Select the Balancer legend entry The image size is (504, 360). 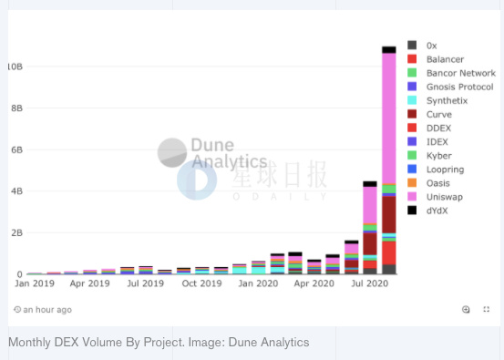(x=445, y=59)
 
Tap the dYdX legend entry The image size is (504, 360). (x=438, y=211)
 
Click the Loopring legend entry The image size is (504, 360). (x=445, y=170)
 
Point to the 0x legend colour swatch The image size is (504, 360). (x=413, y=46)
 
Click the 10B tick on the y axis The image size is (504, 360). (x=15, y=67)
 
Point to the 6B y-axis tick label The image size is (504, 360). (x=15, y=149)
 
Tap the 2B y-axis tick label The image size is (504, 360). (x=15, y=232)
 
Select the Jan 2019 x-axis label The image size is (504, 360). (x=34, y=283)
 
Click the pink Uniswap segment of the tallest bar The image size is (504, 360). (x=389, y=118)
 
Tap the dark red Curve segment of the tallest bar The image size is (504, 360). (x=389, y=215)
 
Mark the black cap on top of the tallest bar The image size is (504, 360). (x=389, y=49)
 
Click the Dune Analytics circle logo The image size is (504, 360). (x=172, y=153)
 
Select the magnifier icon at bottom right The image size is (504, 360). (x=466, y=310)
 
